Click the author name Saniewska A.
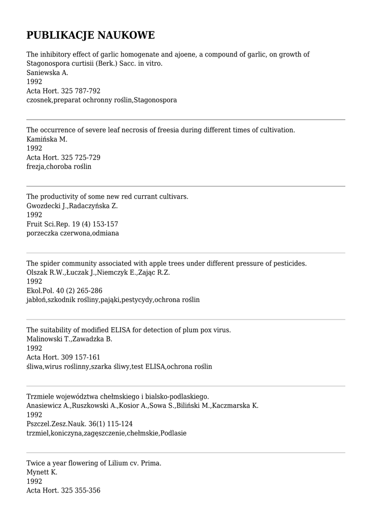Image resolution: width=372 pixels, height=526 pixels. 47,73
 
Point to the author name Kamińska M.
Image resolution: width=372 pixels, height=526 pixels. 47,139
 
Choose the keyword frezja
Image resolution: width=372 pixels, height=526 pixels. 35,167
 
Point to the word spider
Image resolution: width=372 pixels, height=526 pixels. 52,264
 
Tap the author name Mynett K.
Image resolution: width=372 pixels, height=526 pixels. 42,472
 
